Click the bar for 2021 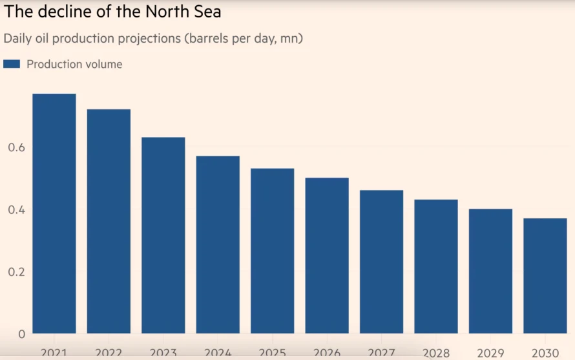click(x=54, y=213)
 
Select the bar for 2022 click(x=109, y=221)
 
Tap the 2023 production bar click(x=163, y=235)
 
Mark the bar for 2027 click(x=381, y=262)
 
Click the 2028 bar click(x=436, y=266)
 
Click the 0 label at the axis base click(x=21, y=334)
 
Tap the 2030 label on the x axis click(x=545, y=354)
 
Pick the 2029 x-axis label click(x=490, y=354)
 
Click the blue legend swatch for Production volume click(x=12, y=64)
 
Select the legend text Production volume click(x=74, y=64)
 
